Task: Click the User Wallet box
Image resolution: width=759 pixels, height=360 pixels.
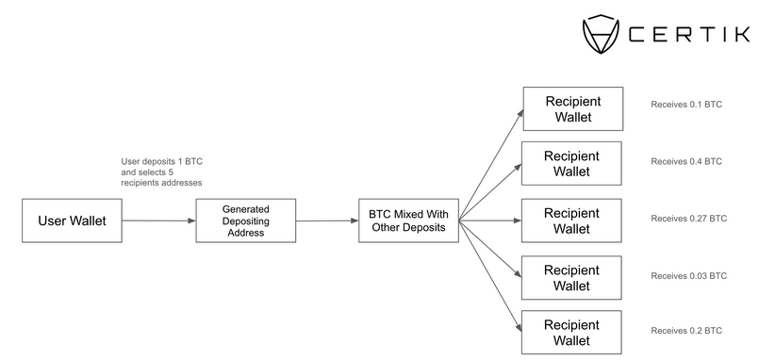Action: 71,221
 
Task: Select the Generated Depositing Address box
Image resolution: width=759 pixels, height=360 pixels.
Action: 245,221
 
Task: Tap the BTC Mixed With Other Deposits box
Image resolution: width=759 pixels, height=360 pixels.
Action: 408,221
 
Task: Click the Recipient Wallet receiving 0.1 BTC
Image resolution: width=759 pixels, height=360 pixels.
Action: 571,108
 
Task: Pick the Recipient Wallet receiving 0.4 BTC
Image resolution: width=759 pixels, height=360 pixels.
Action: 571,164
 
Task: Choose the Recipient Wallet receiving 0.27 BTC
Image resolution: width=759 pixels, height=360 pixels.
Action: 571,221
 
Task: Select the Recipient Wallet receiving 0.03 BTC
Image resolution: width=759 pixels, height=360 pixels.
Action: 571,277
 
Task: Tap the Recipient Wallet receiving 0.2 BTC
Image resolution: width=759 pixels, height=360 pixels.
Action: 571,333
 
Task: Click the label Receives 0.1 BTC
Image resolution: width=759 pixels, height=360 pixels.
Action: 685,105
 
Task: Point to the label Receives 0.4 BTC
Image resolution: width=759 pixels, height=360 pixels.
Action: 685,161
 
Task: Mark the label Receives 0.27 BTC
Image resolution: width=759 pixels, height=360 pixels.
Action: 688,218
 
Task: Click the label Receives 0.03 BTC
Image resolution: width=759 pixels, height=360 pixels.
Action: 688,276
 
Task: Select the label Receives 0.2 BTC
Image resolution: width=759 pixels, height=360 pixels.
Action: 685,332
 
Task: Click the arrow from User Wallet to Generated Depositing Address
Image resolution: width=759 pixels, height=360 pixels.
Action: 158,221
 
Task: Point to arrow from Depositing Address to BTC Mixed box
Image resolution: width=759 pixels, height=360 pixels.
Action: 327,221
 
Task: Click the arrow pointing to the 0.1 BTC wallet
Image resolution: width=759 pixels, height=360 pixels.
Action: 490,162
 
